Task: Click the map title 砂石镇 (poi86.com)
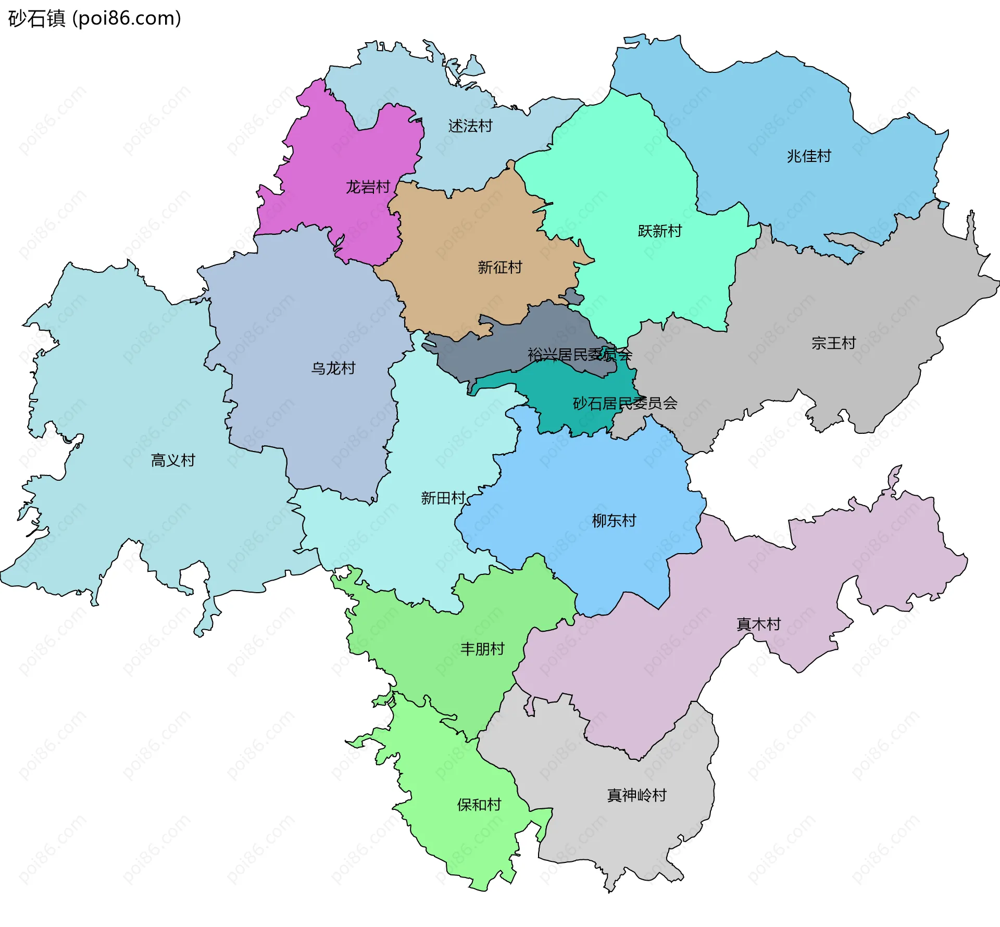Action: (x=94, y=18)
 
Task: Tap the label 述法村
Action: (x=470, y=126)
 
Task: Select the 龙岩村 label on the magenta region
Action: (x=368, y=187)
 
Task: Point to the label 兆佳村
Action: (x=808, y=156)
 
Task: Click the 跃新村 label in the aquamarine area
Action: (x=659, y=231)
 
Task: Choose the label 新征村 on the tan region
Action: (x=499, y=267)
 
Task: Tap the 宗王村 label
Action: (x=833, y=343)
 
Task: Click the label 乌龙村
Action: (x=333, y=368)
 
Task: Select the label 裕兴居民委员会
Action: (x=579, y=355)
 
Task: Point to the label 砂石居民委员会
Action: (x=624, y=403)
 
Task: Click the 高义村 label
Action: (x=172, y=460)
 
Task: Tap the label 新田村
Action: (x=443, y=498)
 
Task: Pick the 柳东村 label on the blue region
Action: (x=614, y=520)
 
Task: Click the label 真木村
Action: (x=758, y=624)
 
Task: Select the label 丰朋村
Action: (x=482, y=649)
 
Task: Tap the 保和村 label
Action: (x=479, y=805)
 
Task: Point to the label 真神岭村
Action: (x=636, y=795)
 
